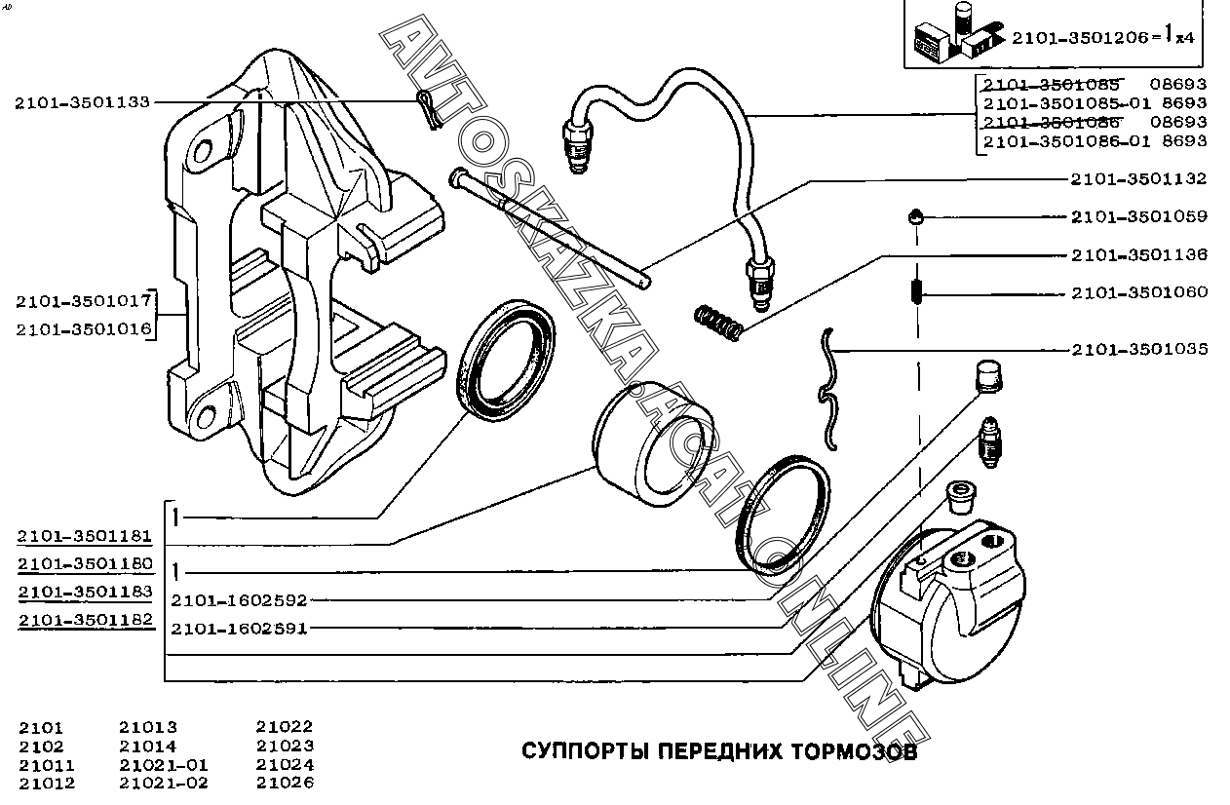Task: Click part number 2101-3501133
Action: (82, 101)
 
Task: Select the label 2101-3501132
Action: (1138, 178)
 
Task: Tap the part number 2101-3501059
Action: (1138, 216)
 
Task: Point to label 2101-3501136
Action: (1138, 254)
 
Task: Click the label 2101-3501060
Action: (1138, 291)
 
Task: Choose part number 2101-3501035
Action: (1138, 348)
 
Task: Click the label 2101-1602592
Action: (239, 600)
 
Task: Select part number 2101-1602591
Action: (239, 629)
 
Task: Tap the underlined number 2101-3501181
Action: (84, 535)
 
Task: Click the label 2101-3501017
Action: (84, 300)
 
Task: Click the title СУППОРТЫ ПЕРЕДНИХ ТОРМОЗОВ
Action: (719, 752)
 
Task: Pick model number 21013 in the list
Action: (148, 727)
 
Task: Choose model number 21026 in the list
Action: (285, 783)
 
